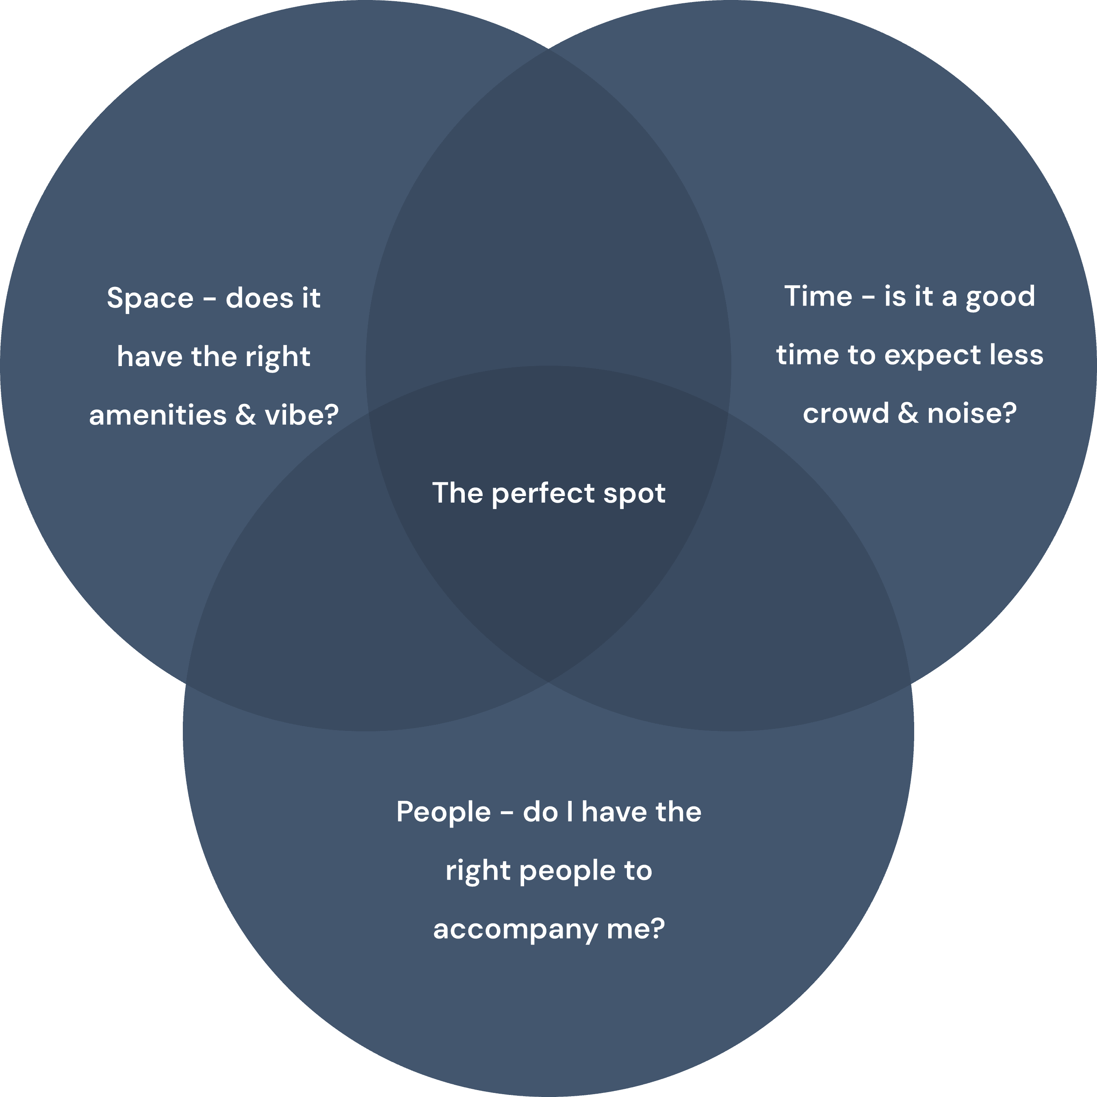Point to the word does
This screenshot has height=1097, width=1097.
(259, 298)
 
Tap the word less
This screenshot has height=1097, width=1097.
(1017, 355)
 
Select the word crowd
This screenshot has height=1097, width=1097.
(846, 413)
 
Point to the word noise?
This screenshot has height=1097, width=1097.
(971, 413)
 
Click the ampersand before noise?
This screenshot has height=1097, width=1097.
(908, 413)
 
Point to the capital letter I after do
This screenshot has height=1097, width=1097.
(570, 812)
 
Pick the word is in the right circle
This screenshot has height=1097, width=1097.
(894, 297)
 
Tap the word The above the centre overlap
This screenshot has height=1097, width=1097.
(457, 493)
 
